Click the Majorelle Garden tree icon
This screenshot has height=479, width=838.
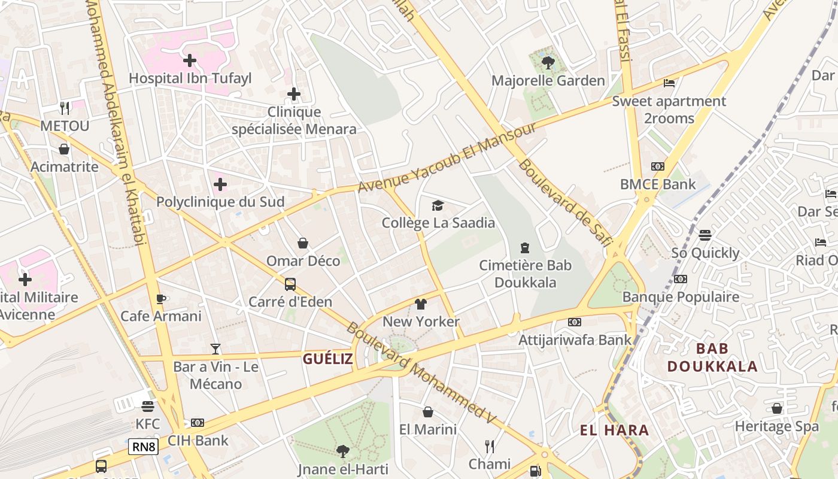point(548,62)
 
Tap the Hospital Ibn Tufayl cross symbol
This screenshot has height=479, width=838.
point(190,60)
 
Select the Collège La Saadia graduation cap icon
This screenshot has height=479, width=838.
point(438,206)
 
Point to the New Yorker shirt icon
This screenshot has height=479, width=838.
point(421,304)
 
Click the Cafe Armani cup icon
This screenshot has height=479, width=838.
point(160,299)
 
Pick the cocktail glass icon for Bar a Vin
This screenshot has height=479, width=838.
point(215,349)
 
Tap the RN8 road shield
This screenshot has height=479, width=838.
point(143,446)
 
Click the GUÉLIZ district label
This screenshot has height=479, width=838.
point(327,359)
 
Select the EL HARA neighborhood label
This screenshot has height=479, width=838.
point(614,430)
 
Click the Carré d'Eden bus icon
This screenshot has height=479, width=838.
point(290,284)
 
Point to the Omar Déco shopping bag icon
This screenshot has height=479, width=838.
point(303,243)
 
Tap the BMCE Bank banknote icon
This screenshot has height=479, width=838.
point(658,166)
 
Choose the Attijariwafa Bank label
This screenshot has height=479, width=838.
point(575,340)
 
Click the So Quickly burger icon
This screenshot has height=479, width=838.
point(705,235)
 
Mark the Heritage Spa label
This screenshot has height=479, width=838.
point(776,426)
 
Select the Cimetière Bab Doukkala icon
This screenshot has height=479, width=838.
point(525,247)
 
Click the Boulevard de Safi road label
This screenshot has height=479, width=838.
point(565,202)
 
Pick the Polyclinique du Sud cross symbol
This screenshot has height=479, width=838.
point(220,184)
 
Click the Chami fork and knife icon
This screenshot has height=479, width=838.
point(490,446)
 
